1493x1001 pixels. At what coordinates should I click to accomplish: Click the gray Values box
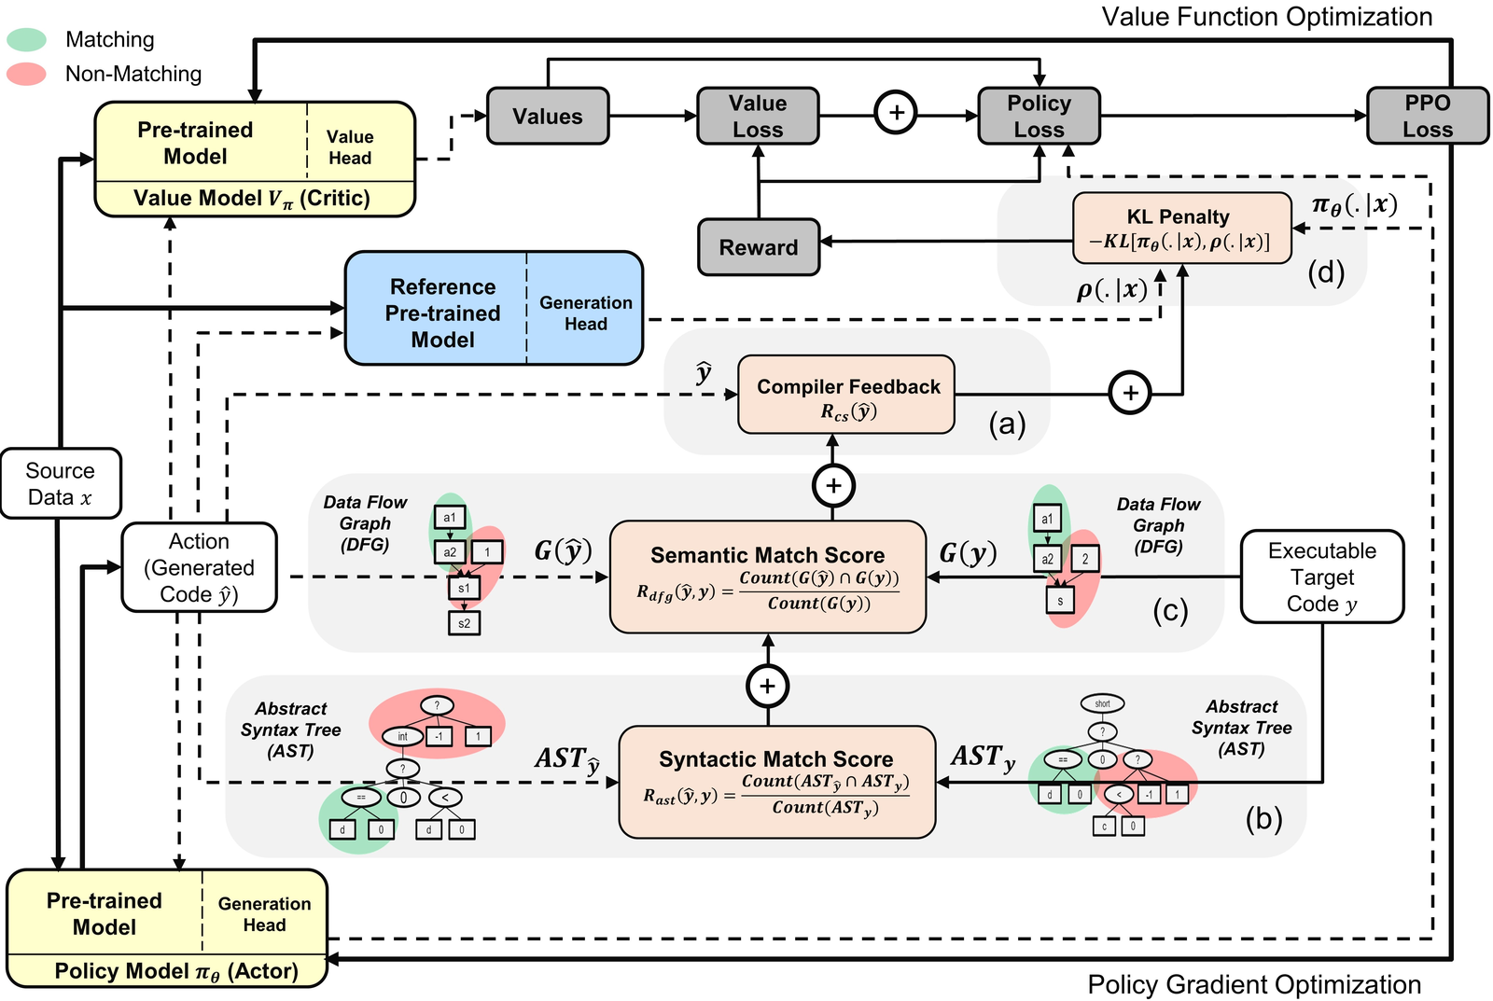click(x=548, y=117)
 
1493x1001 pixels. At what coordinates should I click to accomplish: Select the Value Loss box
click(x=758, y=117)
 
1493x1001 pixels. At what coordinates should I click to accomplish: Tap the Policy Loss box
click(x=1039, y=117)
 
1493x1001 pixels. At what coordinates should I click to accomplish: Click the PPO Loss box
click(x=1427, y=117)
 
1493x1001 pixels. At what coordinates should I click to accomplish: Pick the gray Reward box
click(x=758, y=247)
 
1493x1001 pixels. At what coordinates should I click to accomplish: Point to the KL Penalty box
click(x=1182, y=229)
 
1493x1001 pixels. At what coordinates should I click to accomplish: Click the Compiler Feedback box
click(x=846, y=395)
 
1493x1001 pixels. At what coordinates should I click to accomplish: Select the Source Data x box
click(x=61, y=483)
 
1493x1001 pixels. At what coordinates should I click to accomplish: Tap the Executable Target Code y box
click(x=1321, y=577)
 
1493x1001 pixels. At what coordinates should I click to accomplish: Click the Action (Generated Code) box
click(x=199, y=567)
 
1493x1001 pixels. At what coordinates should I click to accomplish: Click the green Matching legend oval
click(x=26, y=39)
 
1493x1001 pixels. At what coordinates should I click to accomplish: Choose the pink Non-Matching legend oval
click(x=26, y=74)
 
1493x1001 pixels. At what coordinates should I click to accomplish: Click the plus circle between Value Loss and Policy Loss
click(x=896, y=113)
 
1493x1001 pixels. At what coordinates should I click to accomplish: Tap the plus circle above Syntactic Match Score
click(x=767, y=687)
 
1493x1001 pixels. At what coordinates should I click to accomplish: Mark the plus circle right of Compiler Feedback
click(x=1130, y=393)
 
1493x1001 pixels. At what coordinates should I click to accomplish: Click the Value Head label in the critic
click(x=350, y=147)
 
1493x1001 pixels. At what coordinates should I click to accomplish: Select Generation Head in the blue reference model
click(x=585, y=313)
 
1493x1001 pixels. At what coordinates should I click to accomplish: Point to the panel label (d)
click(x=1325, y=272)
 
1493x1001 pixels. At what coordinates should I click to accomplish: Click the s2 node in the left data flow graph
click(x=464, y=623)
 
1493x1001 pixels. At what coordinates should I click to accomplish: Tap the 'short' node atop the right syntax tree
click(x=1102, y=703)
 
